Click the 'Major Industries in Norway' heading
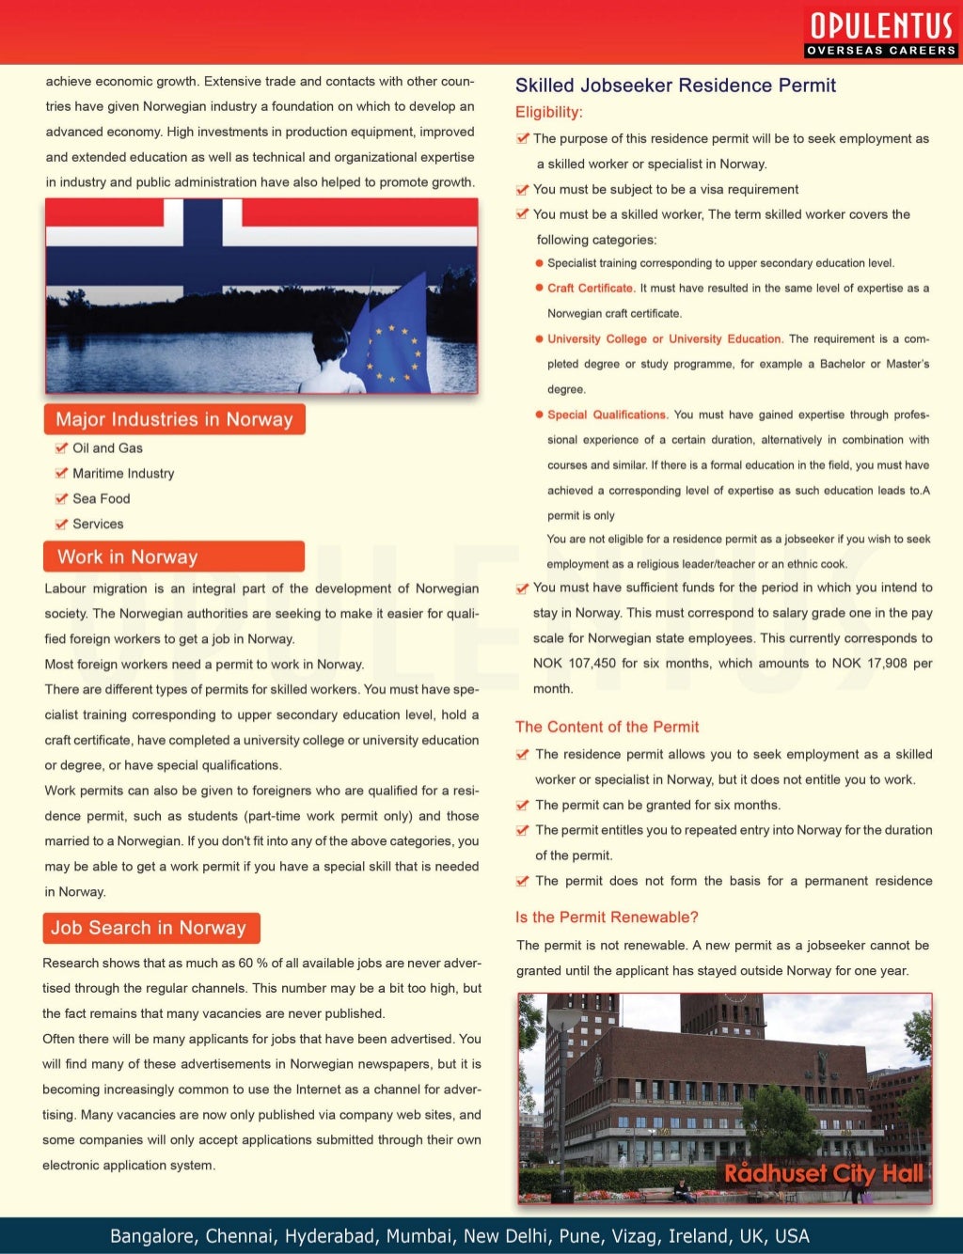(x=174, y=419)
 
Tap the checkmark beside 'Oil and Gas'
(x=61, y=448)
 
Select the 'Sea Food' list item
(x=102, y=499)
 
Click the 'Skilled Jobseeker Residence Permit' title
(x=675, y=86)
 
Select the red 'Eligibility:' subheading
(x=548, y=112)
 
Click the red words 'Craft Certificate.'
(x=591, y=289)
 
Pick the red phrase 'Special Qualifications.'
(x=608, y=415)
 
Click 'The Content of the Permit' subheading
(x=607, y=727)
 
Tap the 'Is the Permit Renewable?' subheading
(x=607, y=917)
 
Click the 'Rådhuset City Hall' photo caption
(x=824, y=1173)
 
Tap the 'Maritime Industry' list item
(x=123, y=474)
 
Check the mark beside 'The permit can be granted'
(x=523, y=806)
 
